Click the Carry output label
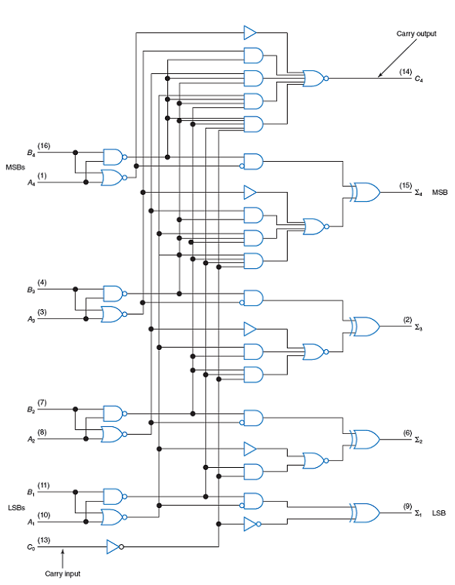point(416,34)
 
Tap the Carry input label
point(62,573)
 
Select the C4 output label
point(419,79)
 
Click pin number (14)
point(406,72)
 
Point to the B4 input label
point(31,153)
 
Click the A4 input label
point(31,183)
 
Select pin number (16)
point(44,146)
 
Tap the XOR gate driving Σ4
point(366,192)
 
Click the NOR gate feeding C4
point(315,79)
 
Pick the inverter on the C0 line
point(115,546)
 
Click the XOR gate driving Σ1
point(366,513)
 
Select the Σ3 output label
point(419,328)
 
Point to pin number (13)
point(44,540)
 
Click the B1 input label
point(31,493)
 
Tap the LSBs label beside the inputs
point(16,508)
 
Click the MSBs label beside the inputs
point(15,167)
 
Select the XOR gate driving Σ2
point(366,439)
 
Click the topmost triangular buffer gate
point(250,32)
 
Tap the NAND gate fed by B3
point(115,294)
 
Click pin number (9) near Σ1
point(407,506)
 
